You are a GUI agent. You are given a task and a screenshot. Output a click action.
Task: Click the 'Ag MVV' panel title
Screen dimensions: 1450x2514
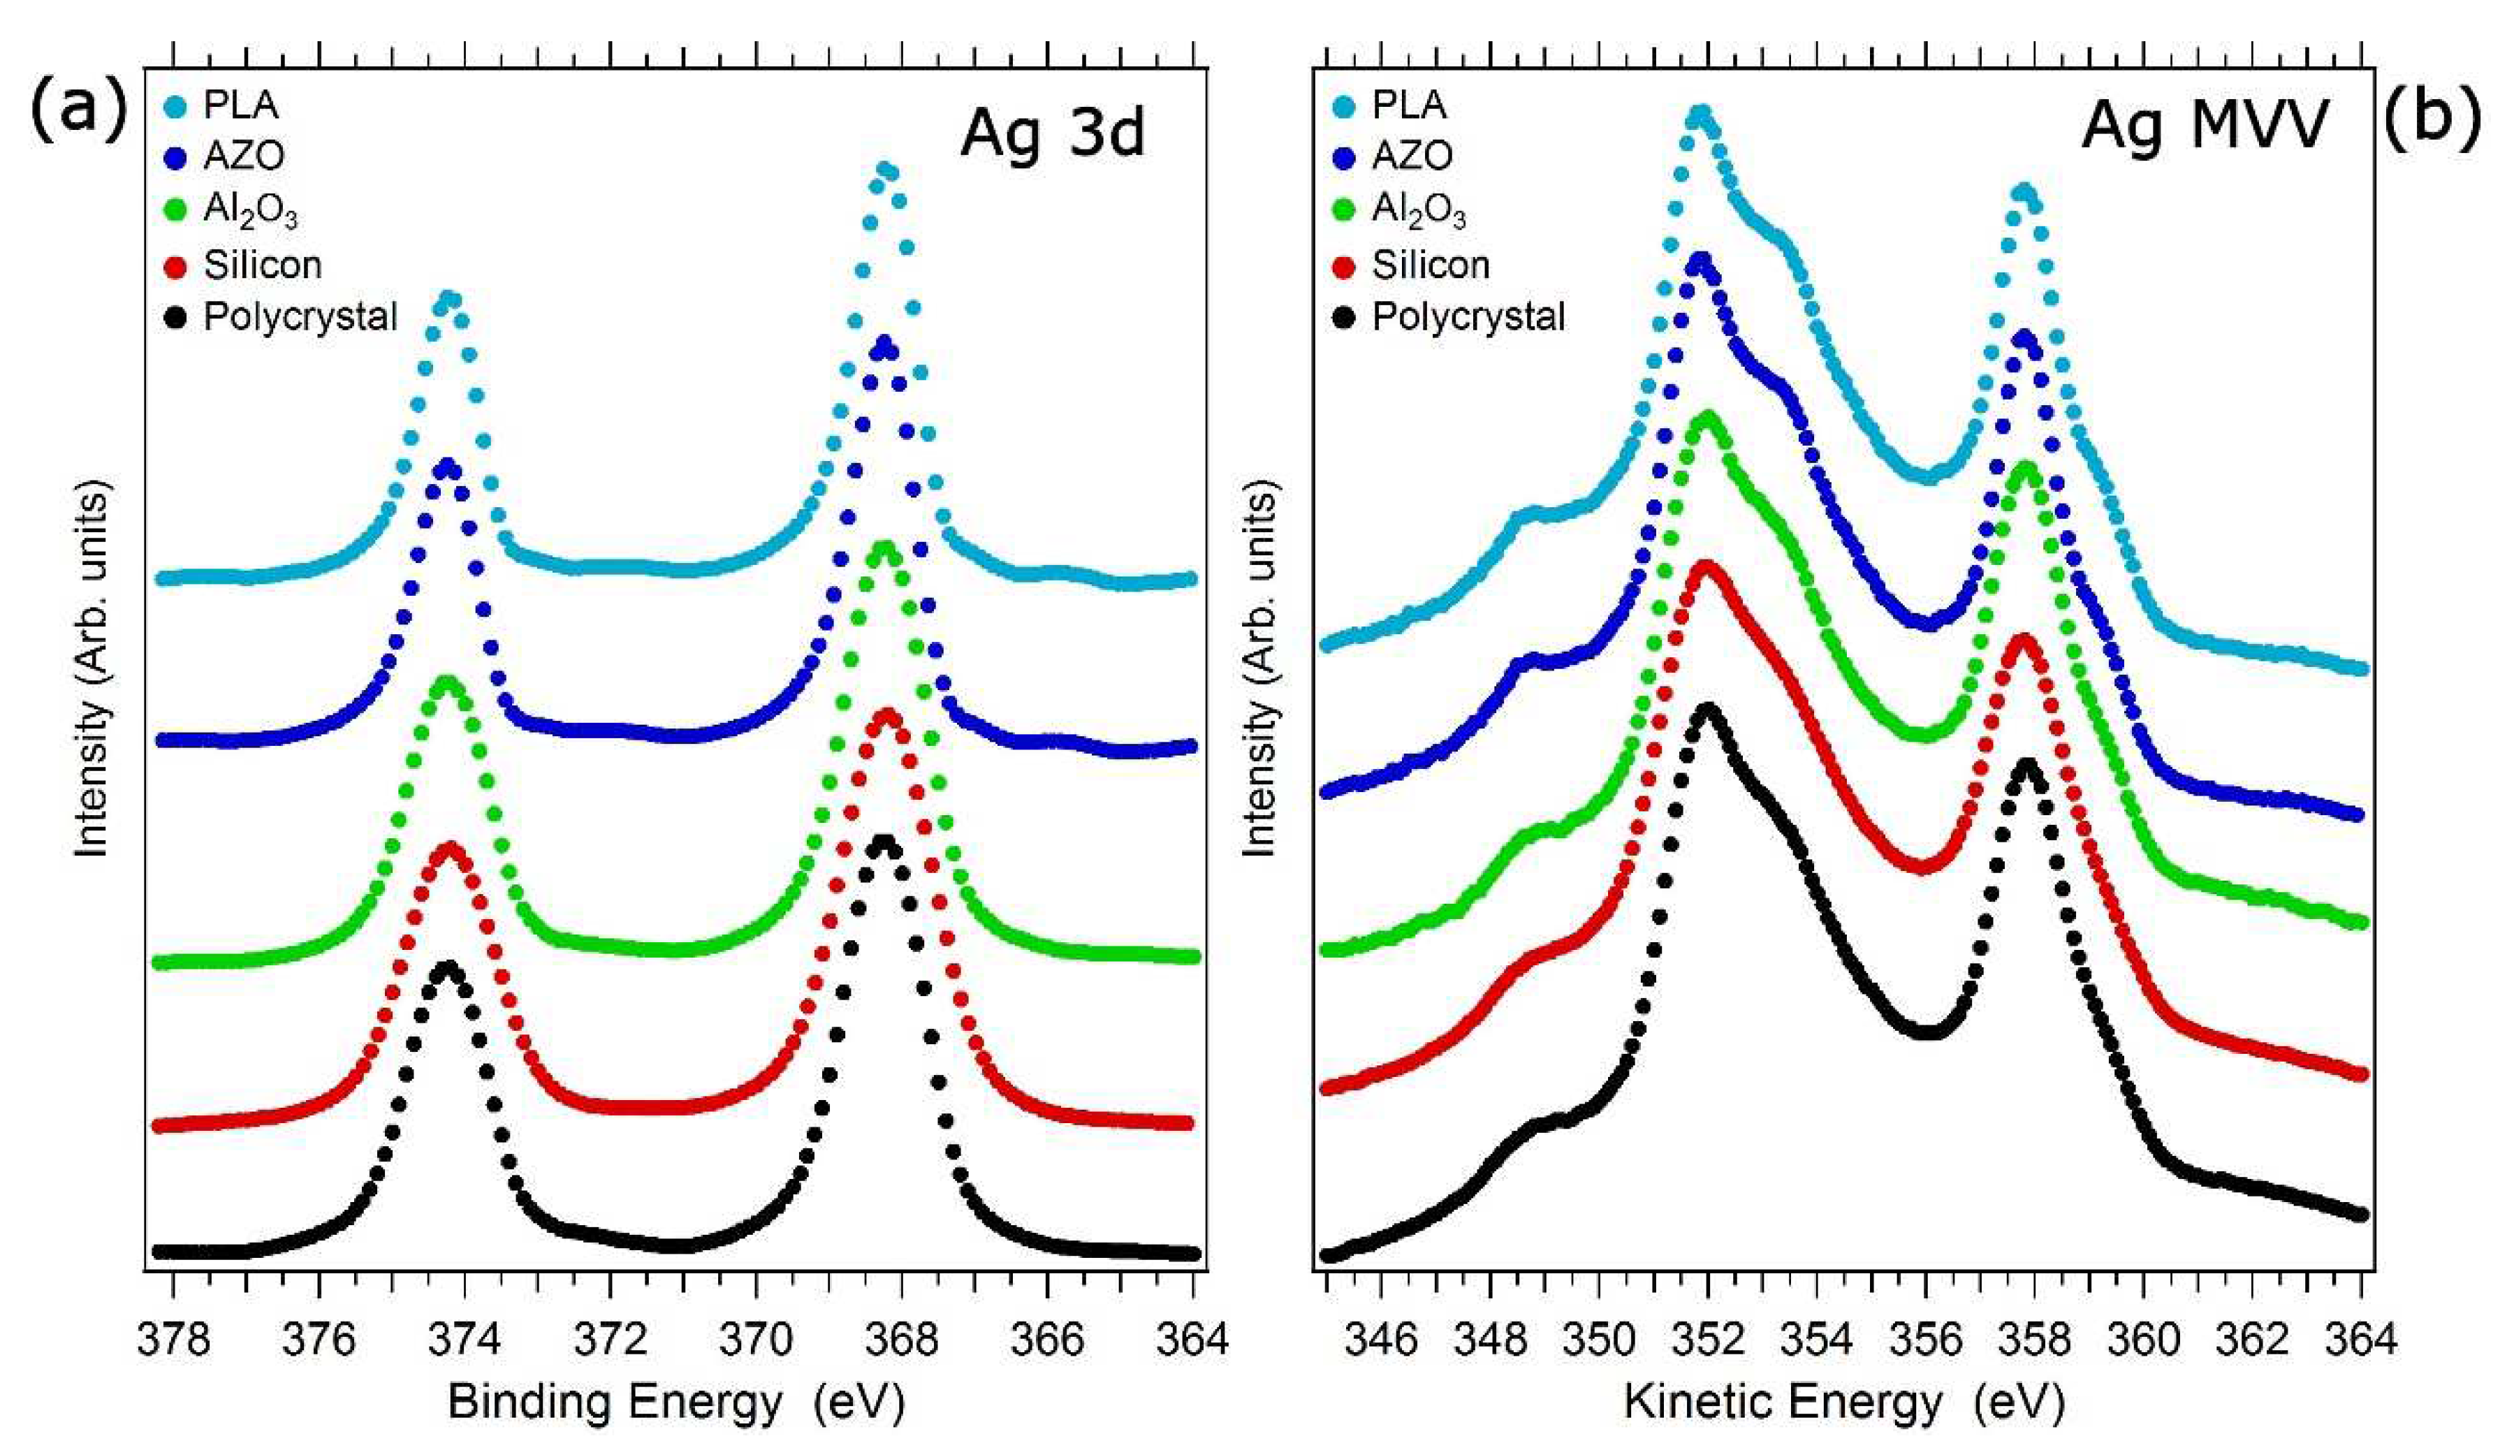point(2205,128)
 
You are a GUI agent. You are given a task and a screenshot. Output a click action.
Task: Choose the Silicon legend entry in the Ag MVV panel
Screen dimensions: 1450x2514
point(1412,265)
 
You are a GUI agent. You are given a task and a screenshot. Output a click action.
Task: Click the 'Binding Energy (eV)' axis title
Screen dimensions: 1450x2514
point(676,1403)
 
